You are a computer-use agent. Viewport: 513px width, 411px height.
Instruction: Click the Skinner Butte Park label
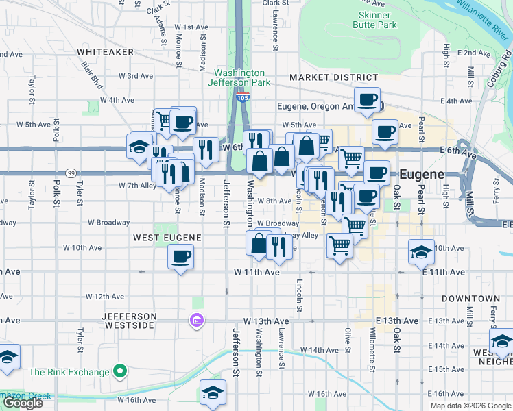tap(374, 20)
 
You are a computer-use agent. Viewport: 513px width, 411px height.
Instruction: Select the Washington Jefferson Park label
tap(239, 77)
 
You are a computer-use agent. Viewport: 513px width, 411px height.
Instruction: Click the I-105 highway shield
tap(243, 97)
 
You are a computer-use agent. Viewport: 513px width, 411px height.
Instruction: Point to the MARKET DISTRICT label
tap(333, 78)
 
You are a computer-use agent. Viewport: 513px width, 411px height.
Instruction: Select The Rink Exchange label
tap(69, 372)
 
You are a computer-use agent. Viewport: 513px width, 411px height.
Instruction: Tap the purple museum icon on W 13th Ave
tap(197, 320)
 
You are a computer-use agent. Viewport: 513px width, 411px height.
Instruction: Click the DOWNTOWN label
tap(470, 299)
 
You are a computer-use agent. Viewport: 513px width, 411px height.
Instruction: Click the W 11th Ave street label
tap(256, 273)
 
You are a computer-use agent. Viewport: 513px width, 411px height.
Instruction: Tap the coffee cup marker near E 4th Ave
tap(367, 99)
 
